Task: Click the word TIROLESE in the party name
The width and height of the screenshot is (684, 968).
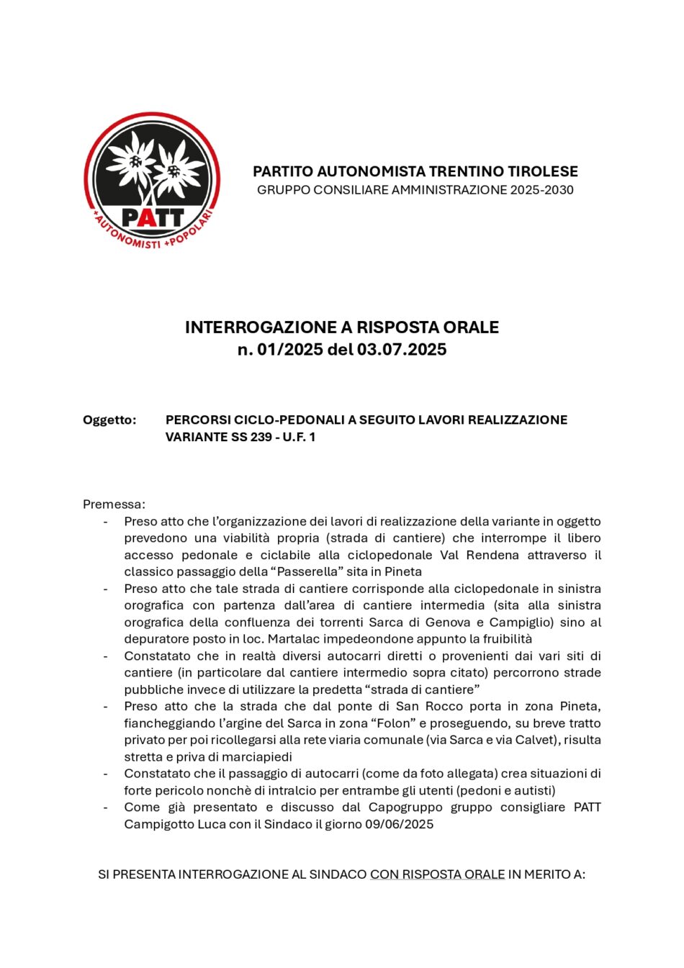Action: pyautogui.click(x=543, y=171)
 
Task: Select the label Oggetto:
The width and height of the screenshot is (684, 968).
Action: pyautogui.click(x=109, y=420)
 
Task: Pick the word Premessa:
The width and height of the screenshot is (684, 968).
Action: pyautogui.click(x=114, y=504)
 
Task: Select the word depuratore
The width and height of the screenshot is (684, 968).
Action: pyautogui.click(x=158, y=639)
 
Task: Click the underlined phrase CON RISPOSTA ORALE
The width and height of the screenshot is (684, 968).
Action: pyautogui.click(x=437, y=874)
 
